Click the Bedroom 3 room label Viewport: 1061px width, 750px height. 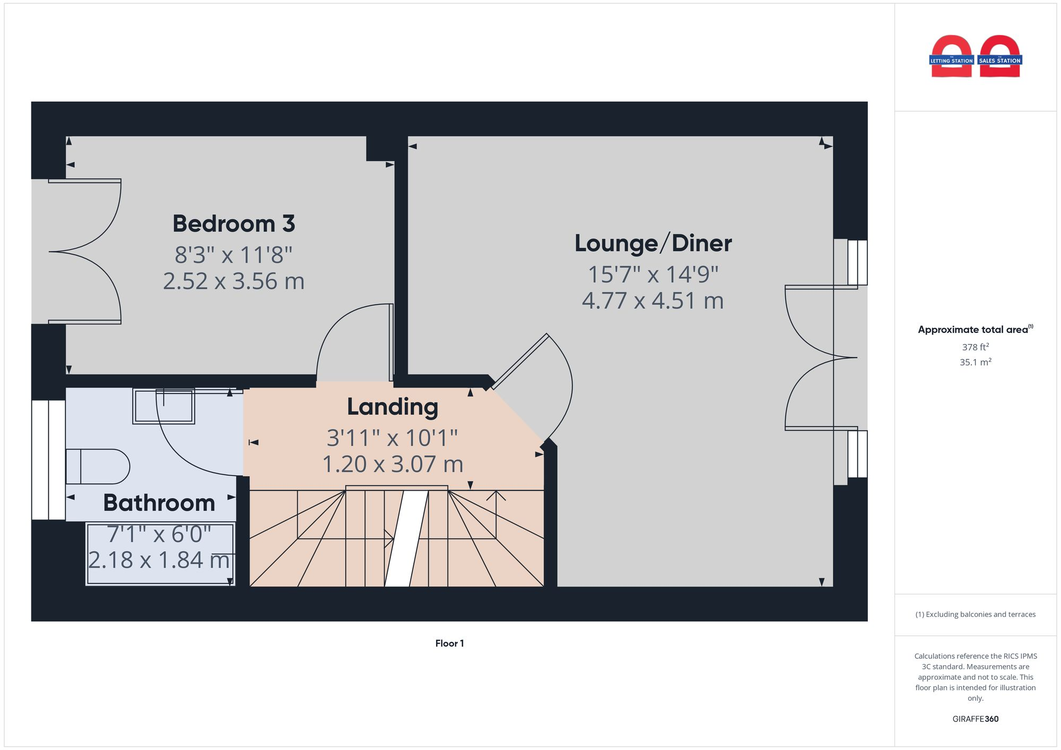coord(233,224)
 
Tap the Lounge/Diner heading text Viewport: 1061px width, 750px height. coord(653,243)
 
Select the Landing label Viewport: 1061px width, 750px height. coord(393,407)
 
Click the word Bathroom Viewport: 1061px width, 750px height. coord(159,502)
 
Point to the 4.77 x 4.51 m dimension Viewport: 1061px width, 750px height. coord(653,301)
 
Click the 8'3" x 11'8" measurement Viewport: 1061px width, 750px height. coord(233,255)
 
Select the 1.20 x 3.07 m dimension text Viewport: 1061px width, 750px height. coord(393,464)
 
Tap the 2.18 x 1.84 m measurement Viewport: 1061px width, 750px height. coord(159,560)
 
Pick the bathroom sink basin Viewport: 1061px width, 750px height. coord(163,406)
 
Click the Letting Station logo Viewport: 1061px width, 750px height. coord(951,57)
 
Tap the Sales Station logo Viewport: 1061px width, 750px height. coord(1000,57)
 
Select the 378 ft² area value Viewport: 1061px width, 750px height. coord(975,347)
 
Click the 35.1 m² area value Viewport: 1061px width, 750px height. coord(975,363)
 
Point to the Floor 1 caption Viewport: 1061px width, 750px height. coord(449,643)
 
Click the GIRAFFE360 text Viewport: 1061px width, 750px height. coord(975,719)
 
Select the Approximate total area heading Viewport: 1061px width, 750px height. coord(975,330)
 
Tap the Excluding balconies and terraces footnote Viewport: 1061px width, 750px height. coord(975,614)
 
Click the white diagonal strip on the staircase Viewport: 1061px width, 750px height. coord(406,538)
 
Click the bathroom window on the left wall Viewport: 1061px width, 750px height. coord(48,460)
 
